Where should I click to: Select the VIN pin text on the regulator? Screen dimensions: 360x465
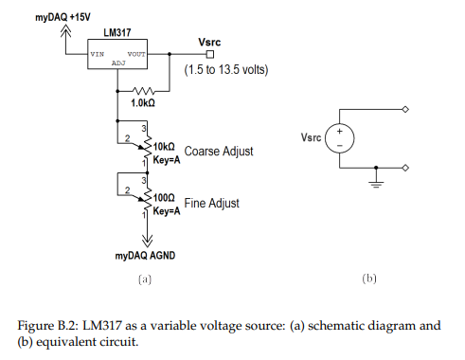point(98,54)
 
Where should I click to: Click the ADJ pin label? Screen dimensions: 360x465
point(118,63)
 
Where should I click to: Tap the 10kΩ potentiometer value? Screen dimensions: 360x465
point(164,147)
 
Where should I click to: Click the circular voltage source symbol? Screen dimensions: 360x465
point(342,138)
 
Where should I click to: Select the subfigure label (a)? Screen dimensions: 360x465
point(144,279)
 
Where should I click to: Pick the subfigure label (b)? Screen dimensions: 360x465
point(370,279)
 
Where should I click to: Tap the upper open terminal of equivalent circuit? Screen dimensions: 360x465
point(406,109)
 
